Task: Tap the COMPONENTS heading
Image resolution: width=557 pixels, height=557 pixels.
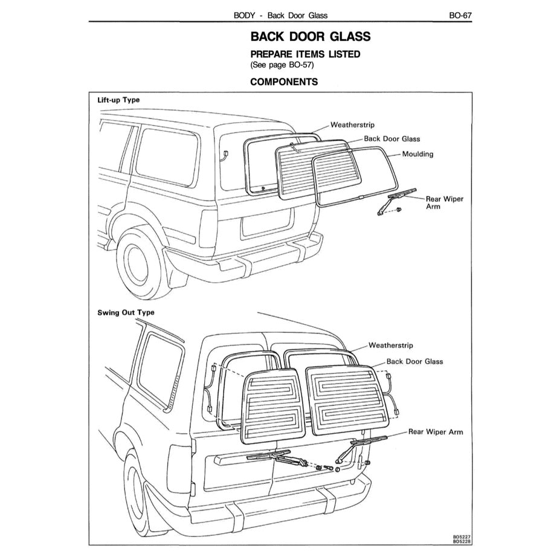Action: tap(284, 82)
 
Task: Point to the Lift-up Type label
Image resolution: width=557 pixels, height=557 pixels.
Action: tap(119, 100)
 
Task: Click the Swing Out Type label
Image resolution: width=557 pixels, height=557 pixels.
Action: tap(126, 312)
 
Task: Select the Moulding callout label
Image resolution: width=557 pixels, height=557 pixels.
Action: tap(417, 154)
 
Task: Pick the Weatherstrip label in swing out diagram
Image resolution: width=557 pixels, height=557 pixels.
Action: tap(390, 346)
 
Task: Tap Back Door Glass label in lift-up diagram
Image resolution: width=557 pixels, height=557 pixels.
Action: tap(391, 139)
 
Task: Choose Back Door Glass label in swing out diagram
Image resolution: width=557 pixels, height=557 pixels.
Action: tap(414, 361)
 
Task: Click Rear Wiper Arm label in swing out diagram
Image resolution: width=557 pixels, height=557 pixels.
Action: tap(435, 432)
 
